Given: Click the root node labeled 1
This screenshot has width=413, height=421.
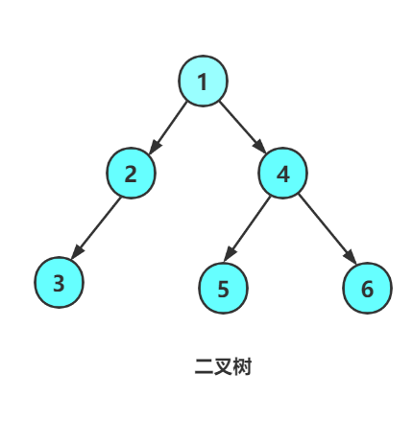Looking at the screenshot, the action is [x=203, y=81].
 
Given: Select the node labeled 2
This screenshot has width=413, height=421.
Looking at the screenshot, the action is [x=131, y=173].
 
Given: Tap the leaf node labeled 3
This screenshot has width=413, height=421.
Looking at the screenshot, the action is [x=59, y=282].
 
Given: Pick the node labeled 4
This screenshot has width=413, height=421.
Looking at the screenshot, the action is [x=282, y=173].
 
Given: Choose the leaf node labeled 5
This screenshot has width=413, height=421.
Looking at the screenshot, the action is [x=223, y=288].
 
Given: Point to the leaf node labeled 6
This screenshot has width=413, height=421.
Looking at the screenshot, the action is [x=367, y=288].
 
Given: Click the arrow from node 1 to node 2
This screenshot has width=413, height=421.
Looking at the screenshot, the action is [x=168, y=128].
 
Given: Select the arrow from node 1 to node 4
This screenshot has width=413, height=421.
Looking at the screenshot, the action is [x=243, y=127].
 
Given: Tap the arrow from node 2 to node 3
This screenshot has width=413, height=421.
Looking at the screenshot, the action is [x=96, y=228].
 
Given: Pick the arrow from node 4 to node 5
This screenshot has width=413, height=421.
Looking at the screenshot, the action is [x=247, y=229].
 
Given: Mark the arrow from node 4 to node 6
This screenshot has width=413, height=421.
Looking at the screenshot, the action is [x=328, y=229].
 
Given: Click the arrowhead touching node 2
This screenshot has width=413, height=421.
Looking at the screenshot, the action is [x=155, y=147].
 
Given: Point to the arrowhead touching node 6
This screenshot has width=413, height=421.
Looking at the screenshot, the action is [x=351, y=258].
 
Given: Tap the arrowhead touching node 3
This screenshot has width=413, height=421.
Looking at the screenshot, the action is [x=78, y=252].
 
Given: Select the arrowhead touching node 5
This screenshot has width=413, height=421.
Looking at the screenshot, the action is [x=230, y=255].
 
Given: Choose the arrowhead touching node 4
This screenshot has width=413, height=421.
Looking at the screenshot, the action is [x=259, y=147].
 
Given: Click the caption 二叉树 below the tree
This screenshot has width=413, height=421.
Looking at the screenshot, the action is [x=223, y=366].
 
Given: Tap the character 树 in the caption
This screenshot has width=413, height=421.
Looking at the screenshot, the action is [x=242, y=366].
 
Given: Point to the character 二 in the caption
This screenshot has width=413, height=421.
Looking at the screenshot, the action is [x=204, y=366].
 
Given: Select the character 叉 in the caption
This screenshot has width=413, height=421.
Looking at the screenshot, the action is [x=223, y=366].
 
